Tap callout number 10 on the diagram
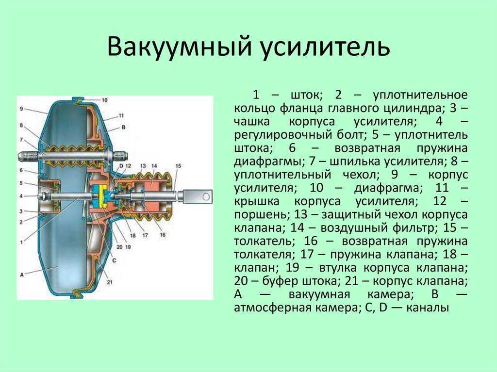tap(104, 100)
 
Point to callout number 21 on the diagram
tap(110, 282)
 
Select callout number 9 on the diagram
tap(21, 109)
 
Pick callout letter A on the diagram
tap(21, 275)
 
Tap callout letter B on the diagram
tap(123, 127)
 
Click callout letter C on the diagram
tap(114, 260)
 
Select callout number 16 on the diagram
tap(163, 235)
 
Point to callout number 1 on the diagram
tap(21, 243)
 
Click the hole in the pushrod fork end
tap(206, 197)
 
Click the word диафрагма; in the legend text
tap(386, 188)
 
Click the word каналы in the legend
tap(428, 307)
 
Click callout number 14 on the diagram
tap(154, 166)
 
